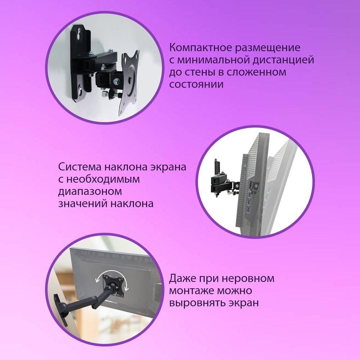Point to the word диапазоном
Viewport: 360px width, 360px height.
click(90, 192)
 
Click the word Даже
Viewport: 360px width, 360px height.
click(184, 279)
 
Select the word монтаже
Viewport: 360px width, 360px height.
click(190, 291)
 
